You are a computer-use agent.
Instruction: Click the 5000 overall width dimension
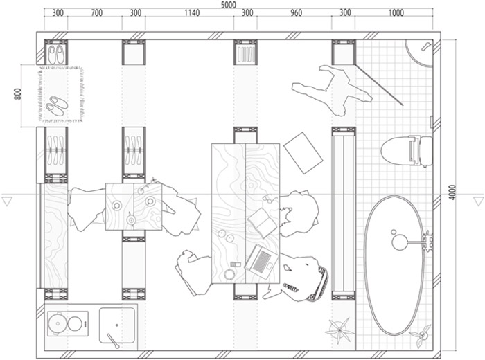tap(229, 5)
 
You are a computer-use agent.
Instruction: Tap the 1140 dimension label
tap(192, 12)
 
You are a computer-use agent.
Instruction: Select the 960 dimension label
tap(296, 12)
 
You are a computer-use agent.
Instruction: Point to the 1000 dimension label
tap(396, 12)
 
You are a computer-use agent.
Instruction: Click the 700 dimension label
tap(97, 12)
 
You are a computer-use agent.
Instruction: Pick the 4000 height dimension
tap(452, 192)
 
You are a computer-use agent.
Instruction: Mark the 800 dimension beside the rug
tap(17, 94)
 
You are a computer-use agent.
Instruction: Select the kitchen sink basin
tap(117, 325)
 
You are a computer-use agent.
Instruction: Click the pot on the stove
tap(58, 323)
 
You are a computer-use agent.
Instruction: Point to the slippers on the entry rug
tap(57, 106)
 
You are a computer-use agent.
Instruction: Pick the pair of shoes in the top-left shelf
tap(56, 55)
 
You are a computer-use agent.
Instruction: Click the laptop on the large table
tap(261, 259)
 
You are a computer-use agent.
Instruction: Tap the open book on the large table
tap(263, 223)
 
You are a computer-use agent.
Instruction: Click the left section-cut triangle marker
tap(7, 201)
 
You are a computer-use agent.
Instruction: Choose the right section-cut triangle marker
tap(478, 201)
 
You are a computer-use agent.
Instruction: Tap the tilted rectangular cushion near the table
tap(303, 153)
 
